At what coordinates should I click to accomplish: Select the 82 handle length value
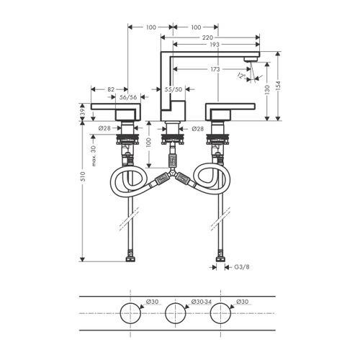(x=111, y=90)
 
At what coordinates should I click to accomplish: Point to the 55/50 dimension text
(x=174, y=90)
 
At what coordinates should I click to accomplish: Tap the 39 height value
(x=82, y=112)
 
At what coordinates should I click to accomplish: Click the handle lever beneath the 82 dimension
(x=122, y=113)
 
